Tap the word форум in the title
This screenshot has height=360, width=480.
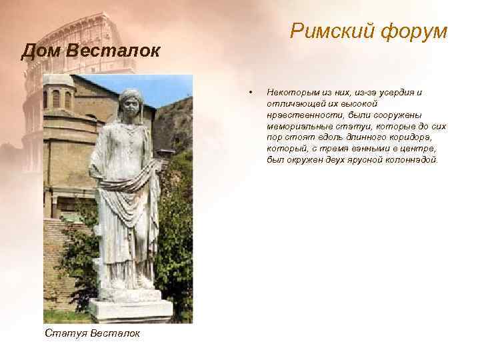[x=416, y=31]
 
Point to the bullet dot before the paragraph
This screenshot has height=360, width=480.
[x=248, y=91]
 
